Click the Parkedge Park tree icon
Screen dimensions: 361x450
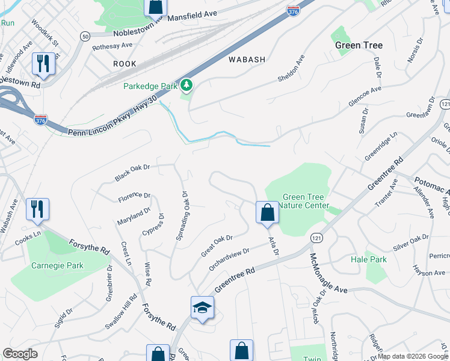pos(187,86)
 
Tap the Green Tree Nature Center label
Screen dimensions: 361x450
pos(306,201)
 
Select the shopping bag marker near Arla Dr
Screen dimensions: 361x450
pos(267,213)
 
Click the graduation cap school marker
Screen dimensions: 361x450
pos(203,308)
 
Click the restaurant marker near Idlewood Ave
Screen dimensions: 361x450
pos(43,64)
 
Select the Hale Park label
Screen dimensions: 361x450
pos(368,259)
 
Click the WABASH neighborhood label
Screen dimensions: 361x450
pos(247,60)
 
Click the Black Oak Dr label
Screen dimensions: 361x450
pos(132,173)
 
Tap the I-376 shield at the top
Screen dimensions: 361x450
pos(293,10)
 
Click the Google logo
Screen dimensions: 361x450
pos(20,354)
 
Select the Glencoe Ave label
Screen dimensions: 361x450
pos(365,97)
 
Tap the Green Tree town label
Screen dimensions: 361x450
pos(359,45)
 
